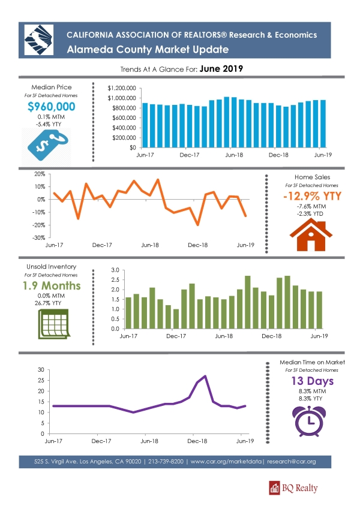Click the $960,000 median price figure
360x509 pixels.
pyautogui.click(x=52, y=107)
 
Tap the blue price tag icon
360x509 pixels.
pyautogui.click(x=48, y=144)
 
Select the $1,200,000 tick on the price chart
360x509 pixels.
pyautogui.click(x=122, y=88)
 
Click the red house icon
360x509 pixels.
pyautogui.click(x=311, y=234)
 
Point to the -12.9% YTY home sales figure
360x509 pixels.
pyautogui.click(x=312, y=196)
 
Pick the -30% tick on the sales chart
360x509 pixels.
pyautogui.click(x=38, y=237)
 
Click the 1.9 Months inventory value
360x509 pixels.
pyautogui.click(x=52, y=285)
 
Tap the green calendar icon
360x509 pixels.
pyautogui.click(x=54, y=324)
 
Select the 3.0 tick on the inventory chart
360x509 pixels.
pyautogui.click(x=115, y=270)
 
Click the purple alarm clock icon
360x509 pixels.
pyautogui.click(x=309, y=421)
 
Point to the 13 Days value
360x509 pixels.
pyautogui.click(x=312, y=381)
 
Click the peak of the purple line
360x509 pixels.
pyautogui.click(x=205, y=376)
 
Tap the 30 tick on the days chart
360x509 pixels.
pyautogui.click(x=41, y=370)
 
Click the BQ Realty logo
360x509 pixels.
pyautogui.click(x=293, y=488)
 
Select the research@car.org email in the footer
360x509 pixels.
pyautogui.click(x=292, y=461)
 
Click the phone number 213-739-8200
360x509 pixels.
pyautogui.click(x=166, y=461)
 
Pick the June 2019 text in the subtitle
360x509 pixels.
pyautogui.click(x=221, y=68)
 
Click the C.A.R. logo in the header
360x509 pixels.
pyautogui.click(x=38, y=40)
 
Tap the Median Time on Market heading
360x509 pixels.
pyautogui.click(x=312, y=362)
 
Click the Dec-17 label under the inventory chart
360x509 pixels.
pyautogui.click(x=176, y=336)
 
